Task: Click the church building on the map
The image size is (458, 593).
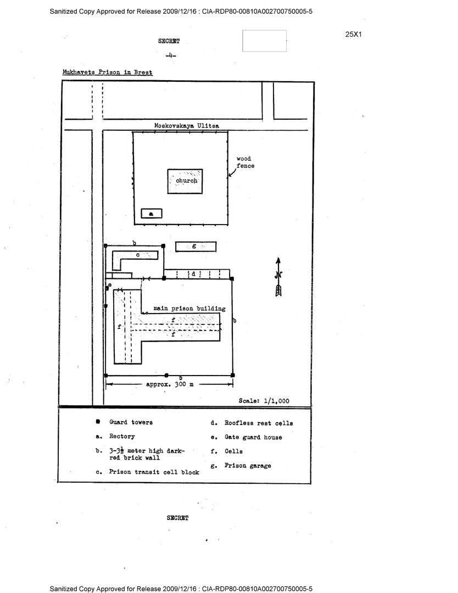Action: pos(185,181)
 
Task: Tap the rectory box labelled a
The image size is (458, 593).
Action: pos(152,214)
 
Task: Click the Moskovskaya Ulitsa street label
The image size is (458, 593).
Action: pos(186,126)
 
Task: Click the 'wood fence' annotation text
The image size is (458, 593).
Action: pos(245,162)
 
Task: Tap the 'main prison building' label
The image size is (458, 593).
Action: pos(189,309)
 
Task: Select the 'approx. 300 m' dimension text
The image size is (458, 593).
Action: pos(169,384)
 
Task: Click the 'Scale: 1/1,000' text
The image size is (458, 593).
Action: pos(264,401)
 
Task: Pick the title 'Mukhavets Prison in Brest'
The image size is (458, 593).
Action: pos(108,72)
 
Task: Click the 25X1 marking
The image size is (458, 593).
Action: pos(354,34)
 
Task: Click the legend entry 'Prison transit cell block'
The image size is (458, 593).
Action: pos(154,472)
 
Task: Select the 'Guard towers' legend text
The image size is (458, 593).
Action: pos(131,422)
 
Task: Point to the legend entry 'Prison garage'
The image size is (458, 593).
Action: pos(248,466)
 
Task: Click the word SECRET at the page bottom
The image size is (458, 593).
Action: pos(177,518)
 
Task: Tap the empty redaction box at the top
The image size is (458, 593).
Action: pos(264,41)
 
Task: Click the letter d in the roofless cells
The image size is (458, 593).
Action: pos(193,273)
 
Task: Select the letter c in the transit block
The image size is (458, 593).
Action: pos(138,255)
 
